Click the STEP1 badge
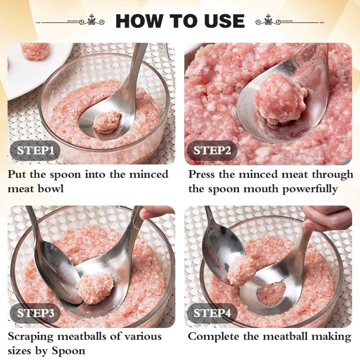[x=35, y=151]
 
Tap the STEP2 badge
[x=212, y=151]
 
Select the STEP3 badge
[x=35, y=313]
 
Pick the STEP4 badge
[x=212, y=313]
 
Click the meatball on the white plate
[x=35, y=51]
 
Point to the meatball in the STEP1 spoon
[x=107, y=121]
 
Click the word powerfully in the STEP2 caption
[x=310, y=189]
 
